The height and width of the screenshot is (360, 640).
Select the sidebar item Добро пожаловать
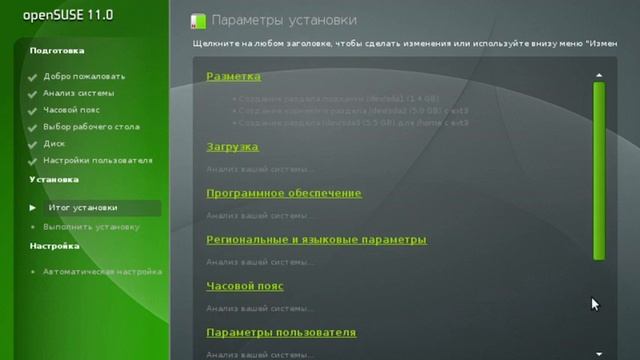point(84,76)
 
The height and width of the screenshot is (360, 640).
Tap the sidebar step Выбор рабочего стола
point(91,127)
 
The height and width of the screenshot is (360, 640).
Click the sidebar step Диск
point(54,143)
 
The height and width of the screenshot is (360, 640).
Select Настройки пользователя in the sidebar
point(97,160)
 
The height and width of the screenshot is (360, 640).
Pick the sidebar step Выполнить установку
point(90,227)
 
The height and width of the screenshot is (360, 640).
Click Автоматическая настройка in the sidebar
point(102,271)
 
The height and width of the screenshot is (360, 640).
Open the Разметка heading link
point(233,76)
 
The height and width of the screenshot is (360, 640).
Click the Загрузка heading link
point(232,147)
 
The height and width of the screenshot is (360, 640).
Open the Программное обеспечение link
point(284,193)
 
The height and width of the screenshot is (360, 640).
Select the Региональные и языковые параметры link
point(316,240)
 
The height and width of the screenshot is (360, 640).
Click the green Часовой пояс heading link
point(245,286)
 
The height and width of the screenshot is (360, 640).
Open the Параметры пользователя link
point(281,332)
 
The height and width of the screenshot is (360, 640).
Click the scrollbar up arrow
point(599,75)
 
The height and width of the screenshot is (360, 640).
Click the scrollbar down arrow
point(599,353)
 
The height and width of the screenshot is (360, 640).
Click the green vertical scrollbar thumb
point(599,170)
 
